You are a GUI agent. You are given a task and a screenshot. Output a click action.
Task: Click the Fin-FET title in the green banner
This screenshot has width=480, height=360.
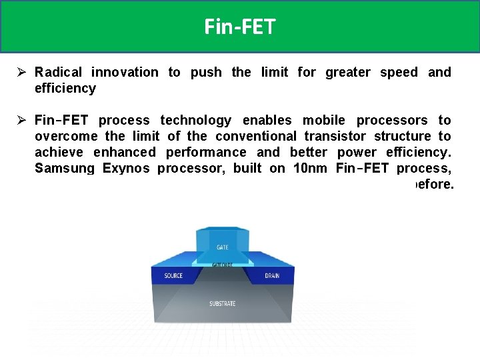coord(240,27)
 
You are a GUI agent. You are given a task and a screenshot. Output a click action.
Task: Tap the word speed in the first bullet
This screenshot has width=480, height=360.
coord(399,72)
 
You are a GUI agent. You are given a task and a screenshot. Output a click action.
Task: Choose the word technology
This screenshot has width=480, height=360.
coord(195,120)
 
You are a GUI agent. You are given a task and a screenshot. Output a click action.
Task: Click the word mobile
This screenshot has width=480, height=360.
coord(323,120)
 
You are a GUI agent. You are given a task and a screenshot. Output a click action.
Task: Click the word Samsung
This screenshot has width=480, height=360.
coord(65,168)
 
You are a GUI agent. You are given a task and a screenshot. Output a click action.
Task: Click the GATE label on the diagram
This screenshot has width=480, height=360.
coord(222,247)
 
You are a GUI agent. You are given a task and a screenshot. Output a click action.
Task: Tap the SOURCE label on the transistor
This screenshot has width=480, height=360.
coord(173,276)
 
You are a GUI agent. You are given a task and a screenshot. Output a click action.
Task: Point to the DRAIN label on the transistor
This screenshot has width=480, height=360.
coord(272,276)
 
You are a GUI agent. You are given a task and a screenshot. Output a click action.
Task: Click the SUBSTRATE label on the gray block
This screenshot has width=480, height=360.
coord(222,304)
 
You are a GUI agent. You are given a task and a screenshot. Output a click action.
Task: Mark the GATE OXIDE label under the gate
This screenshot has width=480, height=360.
coord(222,264)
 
